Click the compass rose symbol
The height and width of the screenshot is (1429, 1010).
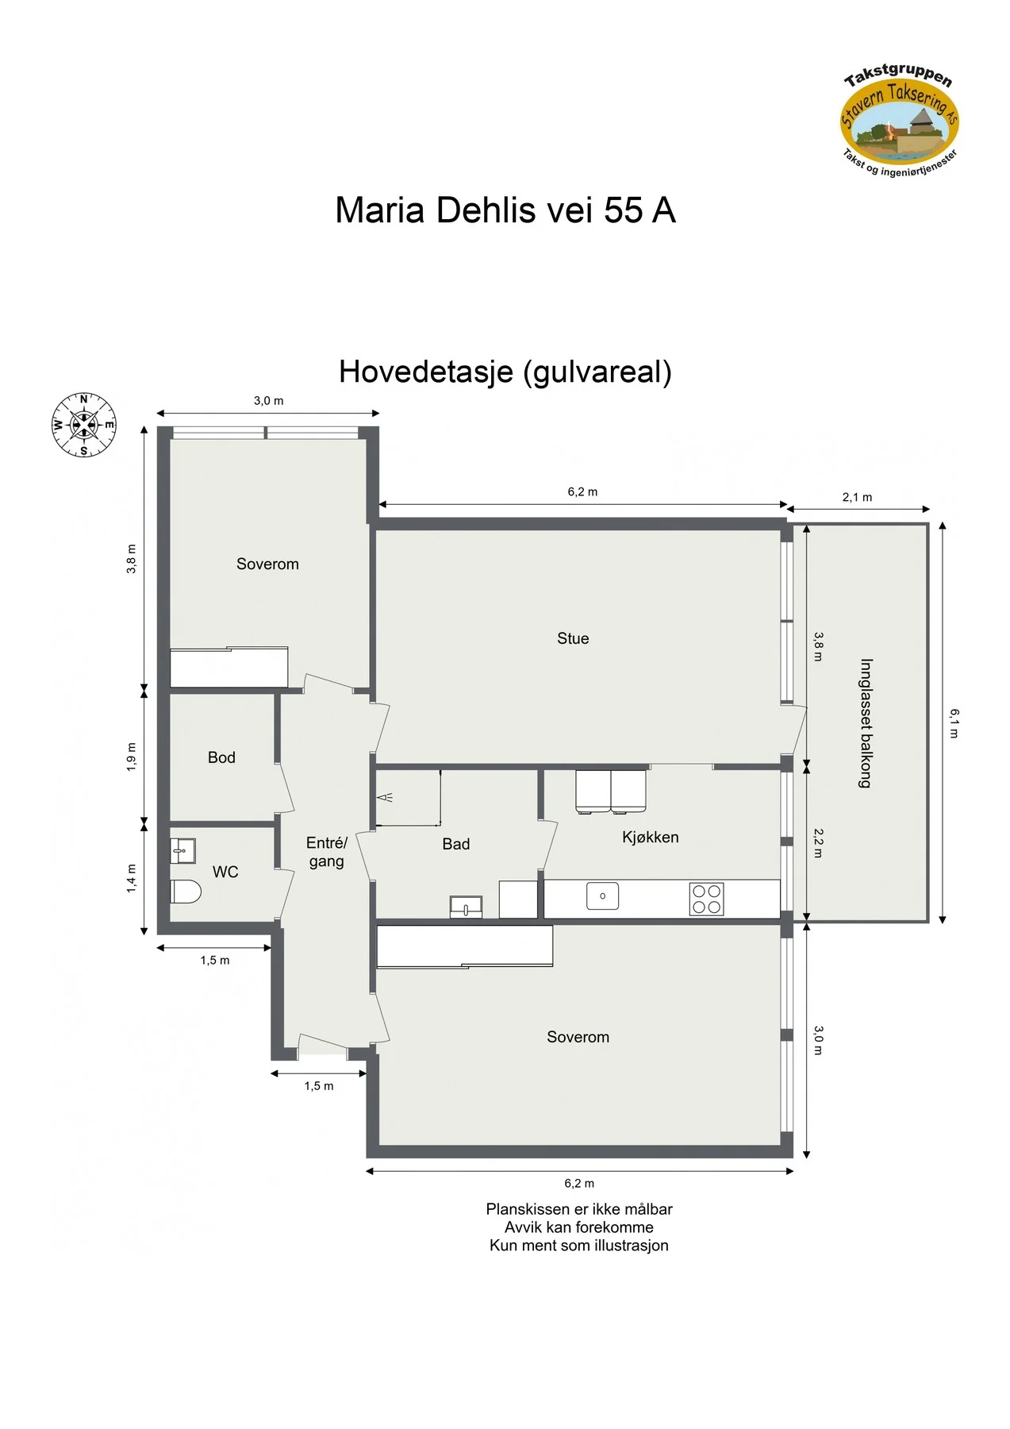pos(83,426)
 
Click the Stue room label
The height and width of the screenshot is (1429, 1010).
pos(573,638)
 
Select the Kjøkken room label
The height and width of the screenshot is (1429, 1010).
pos(650,837)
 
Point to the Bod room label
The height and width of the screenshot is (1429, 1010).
pos(221,757)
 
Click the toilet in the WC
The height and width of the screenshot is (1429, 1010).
pos(186,892)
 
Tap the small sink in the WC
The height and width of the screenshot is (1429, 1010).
pos(182,851)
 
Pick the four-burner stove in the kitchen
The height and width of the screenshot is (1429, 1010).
pos(706,899)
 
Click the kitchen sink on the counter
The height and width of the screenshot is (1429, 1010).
pos(602,896)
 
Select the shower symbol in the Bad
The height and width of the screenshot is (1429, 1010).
pos(385,797)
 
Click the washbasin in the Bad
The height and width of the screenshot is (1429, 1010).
pos(466,907)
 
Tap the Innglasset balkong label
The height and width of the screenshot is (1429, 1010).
pos(866,723)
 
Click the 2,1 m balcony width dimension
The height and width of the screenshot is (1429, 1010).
pos(857,497)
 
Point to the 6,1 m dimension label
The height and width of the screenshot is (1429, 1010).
pos(954,723)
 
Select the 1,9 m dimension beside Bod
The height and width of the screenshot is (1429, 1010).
pos(132,757)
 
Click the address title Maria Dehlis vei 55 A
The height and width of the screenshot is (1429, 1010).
pos(505,210)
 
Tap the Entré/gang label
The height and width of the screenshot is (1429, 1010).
pos(327,852)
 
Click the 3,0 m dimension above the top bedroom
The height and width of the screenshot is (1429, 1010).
pos(268,401)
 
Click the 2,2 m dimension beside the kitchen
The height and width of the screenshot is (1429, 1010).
pos(818,843)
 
